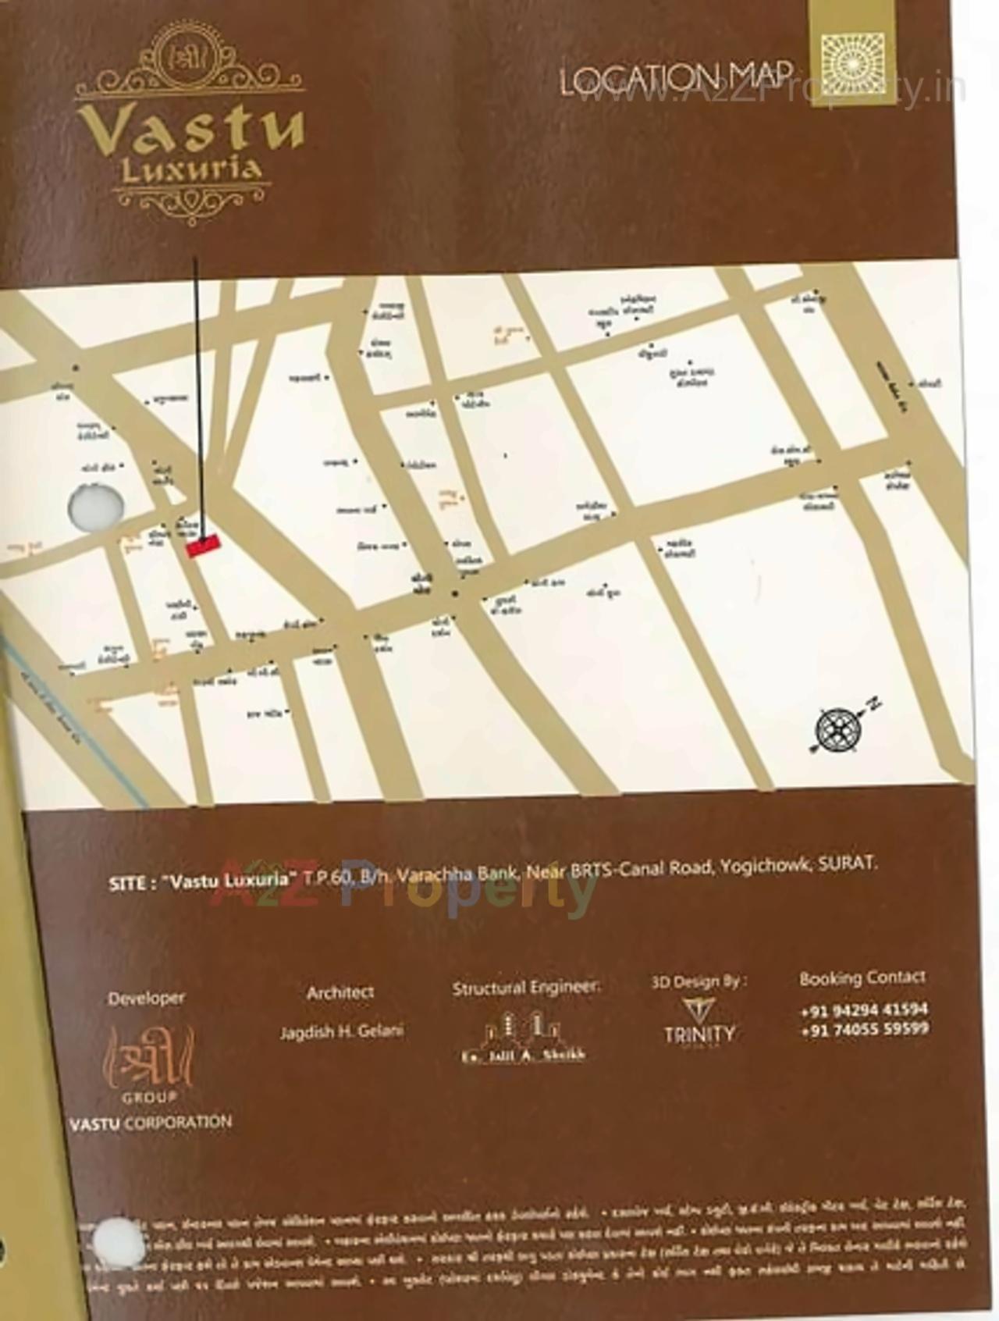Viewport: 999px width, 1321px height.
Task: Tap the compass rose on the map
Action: pos(838,730)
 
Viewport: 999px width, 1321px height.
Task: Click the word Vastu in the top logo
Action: pos(190,127)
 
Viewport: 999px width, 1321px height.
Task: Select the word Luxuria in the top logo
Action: pos(191,170)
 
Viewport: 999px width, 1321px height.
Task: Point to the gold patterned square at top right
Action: pos(853,64)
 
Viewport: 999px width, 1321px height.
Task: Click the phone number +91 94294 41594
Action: pos(864,1010)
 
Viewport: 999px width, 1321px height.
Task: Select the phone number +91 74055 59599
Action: pos(864,1030)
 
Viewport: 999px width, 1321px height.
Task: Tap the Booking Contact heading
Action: pos(862,978)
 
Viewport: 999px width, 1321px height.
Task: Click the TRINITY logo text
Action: pos(699,1034)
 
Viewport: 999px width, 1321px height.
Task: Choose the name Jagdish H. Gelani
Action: pos(342,1031)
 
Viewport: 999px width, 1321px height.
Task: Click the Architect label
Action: pos(340,992)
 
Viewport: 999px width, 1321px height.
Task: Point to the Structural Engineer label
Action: pos(527,988)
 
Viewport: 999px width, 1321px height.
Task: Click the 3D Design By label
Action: pos(699,981)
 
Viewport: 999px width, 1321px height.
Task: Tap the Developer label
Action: pos(146,998)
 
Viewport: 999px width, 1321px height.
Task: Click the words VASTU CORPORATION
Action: pos(151,1123)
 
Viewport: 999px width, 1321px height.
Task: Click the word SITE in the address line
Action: pos(126,883)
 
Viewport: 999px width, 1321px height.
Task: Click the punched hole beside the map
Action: pos(95,507)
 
